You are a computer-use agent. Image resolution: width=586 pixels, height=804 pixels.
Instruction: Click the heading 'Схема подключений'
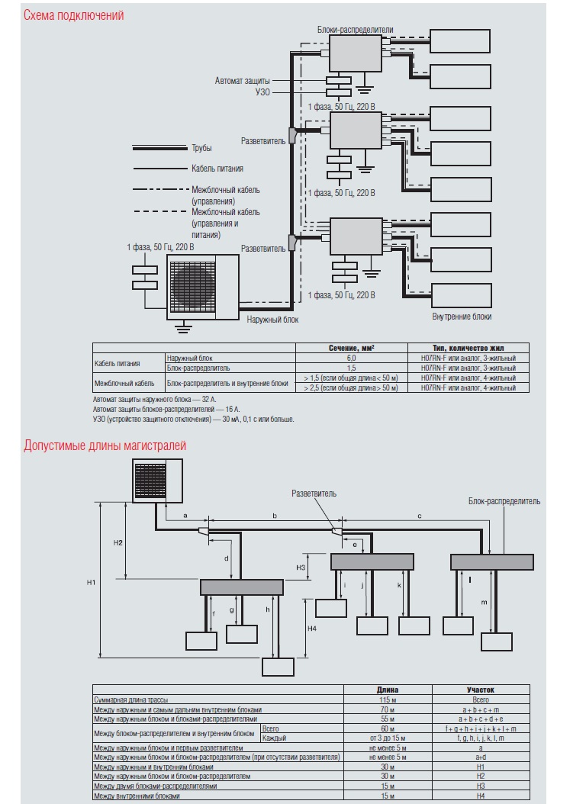[x=74, y=15]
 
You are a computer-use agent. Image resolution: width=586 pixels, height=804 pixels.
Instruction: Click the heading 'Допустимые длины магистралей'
[x=105, y=445]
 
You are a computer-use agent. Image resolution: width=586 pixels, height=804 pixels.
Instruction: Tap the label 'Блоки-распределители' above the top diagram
[x=356, y=27]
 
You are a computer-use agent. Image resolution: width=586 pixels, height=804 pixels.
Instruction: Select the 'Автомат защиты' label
[x=242, y=79]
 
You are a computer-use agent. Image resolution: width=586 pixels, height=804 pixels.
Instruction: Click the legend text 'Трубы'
[x=201, y=148]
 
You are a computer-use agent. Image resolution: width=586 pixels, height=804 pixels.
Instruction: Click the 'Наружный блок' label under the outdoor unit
[x=272, y=320]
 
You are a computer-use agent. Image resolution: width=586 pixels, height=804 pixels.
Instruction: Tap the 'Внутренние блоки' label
[x=462, y=316]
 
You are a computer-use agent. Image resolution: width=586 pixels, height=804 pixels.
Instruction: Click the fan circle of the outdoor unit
[x=194, y=285]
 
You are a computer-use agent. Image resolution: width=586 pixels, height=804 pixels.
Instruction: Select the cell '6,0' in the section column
[x=352, y=357]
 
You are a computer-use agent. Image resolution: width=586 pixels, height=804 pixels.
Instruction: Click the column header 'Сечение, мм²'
[x=352, y=347]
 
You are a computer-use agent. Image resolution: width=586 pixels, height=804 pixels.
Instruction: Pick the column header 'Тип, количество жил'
[x=468, y=347]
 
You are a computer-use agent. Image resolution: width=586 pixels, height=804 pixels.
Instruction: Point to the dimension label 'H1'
[x=91, y=583]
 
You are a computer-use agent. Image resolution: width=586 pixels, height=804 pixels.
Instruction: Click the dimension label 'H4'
[x=312, y=628]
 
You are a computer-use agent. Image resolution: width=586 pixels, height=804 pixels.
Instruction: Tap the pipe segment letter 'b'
[x=275, y=516]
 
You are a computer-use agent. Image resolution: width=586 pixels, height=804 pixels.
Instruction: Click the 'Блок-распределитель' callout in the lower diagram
[x=504, y=501]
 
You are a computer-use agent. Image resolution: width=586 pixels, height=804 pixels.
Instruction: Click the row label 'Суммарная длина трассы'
[x=130, y=699]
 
